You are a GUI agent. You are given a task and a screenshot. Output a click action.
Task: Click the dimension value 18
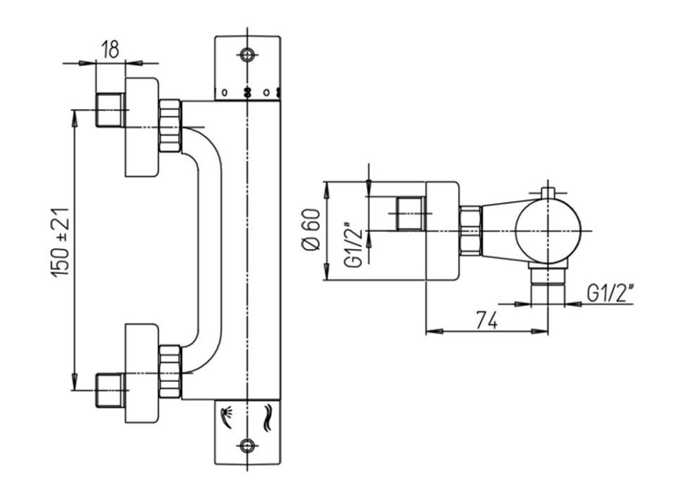point(110,50)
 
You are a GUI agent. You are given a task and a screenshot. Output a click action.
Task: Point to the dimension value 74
point(485,320)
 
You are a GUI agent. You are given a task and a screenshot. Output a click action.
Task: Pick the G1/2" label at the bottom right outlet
point(610,292)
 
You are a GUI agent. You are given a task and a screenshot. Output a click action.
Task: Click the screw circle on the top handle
point(246,55)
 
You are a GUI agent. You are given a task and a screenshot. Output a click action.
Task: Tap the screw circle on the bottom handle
point(246,445)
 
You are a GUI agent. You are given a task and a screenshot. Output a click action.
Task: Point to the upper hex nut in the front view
point(170,126)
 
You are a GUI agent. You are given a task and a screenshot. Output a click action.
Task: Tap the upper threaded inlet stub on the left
point(110,110)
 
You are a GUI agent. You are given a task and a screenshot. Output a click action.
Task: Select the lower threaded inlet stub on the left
point(110,391)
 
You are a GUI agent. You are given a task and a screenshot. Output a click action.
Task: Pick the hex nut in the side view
point(470,231)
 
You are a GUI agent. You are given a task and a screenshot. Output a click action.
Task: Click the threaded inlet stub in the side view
point(411,214)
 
